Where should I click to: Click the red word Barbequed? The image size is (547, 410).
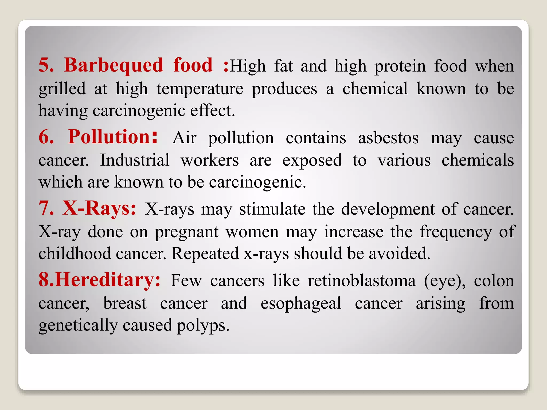tap(113, 65)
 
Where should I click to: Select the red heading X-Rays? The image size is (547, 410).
tap(99, 208)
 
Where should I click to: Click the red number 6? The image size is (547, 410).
tap(46, 137)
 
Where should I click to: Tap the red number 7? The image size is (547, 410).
tap(46, 208)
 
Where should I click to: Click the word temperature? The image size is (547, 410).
tap(200, 89)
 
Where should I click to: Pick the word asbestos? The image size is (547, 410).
tap(388, 138)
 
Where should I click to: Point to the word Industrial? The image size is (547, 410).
tap(135, 160)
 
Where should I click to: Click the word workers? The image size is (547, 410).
tap(210, 161)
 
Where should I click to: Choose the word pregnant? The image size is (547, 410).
tap(187, 232)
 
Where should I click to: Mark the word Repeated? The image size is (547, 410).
tap(205, 254)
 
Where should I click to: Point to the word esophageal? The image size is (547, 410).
tap(301, 304)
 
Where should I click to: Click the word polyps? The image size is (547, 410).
tap(203, 326)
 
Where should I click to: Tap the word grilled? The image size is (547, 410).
tap(62, 89)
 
